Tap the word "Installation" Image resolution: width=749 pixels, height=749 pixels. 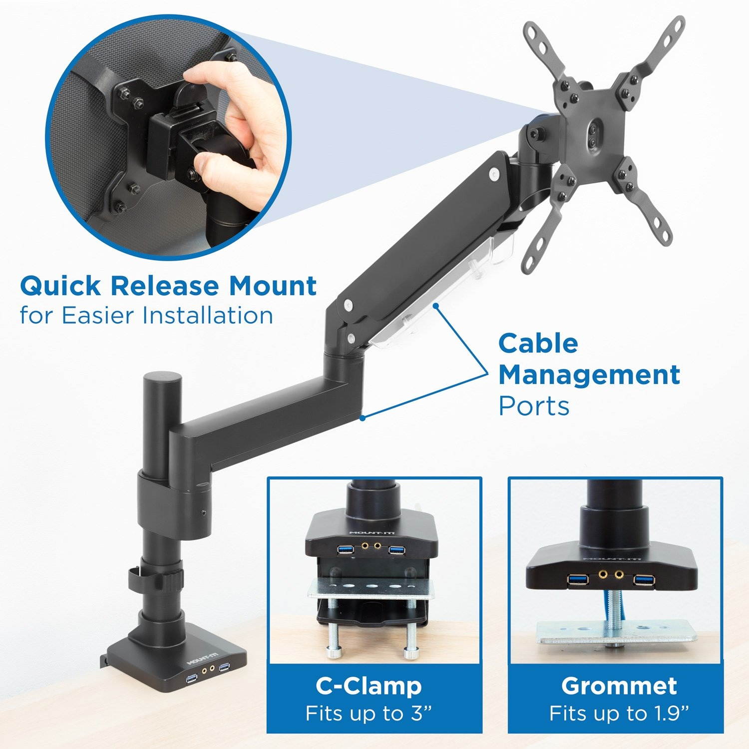click(208, 316)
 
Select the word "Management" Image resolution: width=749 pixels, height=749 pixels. click(589, 375)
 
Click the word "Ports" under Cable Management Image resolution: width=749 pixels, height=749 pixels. click(534, 406)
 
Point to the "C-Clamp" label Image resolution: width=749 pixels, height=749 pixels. click(369, 686)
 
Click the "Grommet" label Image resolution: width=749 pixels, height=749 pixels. click(619, 686)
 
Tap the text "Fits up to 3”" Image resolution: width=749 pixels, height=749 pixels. click(369, 713)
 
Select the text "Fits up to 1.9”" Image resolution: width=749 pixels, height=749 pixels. click(619, 713)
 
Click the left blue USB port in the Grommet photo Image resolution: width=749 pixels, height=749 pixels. click(577, 580)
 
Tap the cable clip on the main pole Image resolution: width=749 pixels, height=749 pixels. click(155, 579)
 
